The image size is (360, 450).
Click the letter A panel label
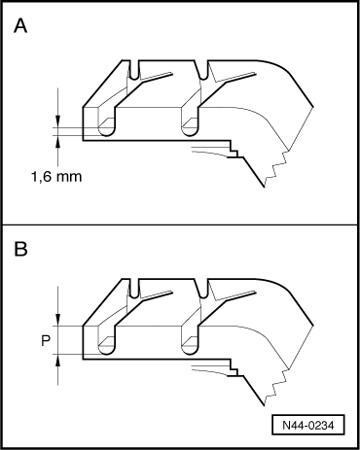pyautogui.click(x=20, y=26)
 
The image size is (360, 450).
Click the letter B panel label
pyautogui.click(x=20, y=250)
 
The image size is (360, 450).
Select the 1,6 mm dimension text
pyautogui.click(x=56, y=177)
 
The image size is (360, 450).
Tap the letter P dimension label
pyautogui.click(x=46, y=341)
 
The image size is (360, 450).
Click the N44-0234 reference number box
pyautogui.click(x=308, y=425)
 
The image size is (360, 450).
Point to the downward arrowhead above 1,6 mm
pyautogui.click(x=57, y=121)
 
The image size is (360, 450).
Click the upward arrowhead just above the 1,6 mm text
pyautogui.click(x=57, y=141)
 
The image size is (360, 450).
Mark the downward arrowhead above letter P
pyautogui.click(x=57, y=320)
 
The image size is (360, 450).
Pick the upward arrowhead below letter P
pyautogui.click(x=57, y=360)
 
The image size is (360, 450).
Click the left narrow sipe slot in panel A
pyautogui.click(x=134, y=70)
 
